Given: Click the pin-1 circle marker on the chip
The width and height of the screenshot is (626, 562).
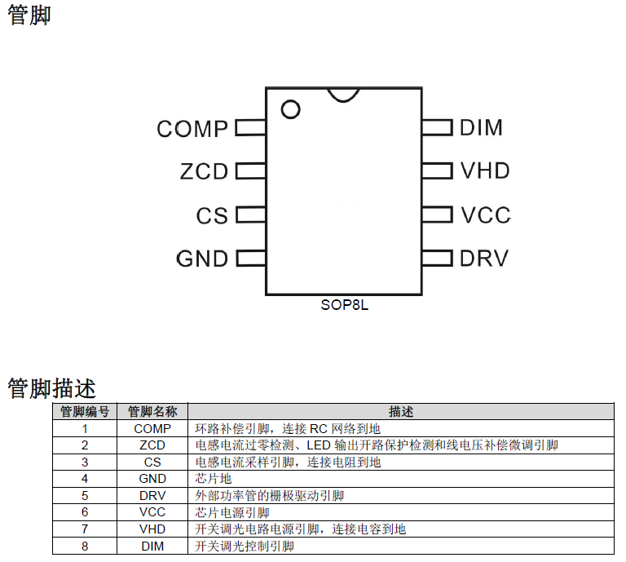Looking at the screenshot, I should click(x=290, y=108).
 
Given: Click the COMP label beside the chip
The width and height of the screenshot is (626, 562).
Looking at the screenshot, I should click(x=192, y=128).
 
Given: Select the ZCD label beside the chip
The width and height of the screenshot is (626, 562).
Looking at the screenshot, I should click(x=204, y=171).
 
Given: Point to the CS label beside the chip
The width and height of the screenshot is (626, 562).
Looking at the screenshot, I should click(x=212, y=215).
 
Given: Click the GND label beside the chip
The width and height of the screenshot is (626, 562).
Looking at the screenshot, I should click(x=202, y=259).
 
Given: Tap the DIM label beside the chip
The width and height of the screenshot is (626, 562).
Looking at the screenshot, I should click(x=481, y=127).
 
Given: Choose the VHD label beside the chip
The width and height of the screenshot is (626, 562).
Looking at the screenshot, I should click(x=485, y=170).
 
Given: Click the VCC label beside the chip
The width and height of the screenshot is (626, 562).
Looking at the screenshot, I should click(x=485, y=215).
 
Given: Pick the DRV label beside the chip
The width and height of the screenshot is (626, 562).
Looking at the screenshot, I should click(x=483, y=259).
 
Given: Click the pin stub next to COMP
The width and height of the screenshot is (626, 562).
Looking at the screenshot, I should click(x=251, y=128).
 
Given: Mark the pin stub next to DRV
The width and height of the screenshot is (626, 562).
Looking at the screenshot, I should click(x=437, y=259).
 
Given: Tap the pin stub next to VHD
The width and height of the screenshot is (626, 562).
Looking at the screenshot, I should click(x=437, y=170).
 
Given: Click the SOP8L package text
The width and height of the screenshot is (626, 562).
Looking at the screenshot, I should click(x=344, y=305).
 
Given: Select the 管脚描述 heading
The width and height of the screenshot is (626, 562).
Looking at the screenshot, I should click(x=51, y=387).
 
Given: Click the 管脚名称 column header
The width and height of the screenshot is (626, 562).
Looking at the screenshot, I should click(x=152, y=412).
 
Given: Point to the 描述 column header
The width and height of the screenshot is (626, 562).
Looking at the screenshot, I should click(x=401, y=412).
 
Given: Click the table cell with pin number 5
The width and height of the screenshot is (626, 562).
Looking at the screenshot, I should click(x=85, y=495).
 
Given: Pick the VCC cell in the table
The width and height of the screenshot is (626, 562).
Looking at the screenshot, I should click(x=152, y=512).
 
